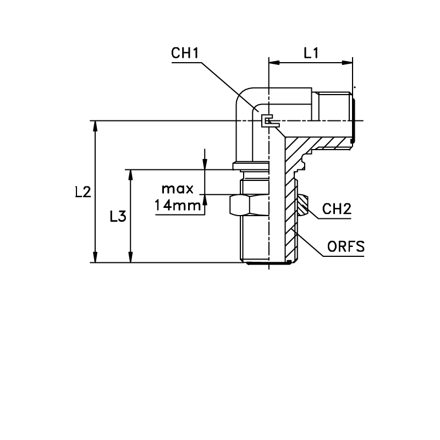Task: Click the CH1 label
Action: click(185, 53)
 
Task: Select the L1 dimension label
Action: click(311, 53)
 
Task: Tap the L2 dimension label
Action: click(84, 192)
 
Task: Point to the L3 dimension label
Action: click(118, 217)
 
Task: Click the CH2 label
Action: click(337, 209)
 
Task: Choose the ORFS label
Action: click(346, 246)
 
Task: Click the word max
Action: click(178, 189)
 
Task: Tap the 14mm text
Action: click(178, 205)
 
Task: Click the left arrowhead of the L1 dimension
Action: click(274, 63)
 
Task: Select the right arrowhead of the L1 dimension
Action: click(347, 63)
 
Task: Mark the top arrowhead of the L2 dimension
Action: click(95, 126)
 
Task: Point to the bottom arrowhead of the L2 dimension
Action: click(95, 257)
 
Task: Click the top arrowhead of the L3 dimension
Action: click(130, 175)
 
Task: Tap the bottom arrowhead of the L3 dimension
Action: click(130, 257)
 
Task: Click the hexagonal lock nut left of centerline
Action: click(249, 205)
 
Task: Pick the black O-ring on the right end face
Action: click(353, 120)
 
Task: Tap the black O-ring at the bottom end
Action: click(269, 263)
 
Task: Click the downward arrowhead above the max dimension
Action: click(205, 164)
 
